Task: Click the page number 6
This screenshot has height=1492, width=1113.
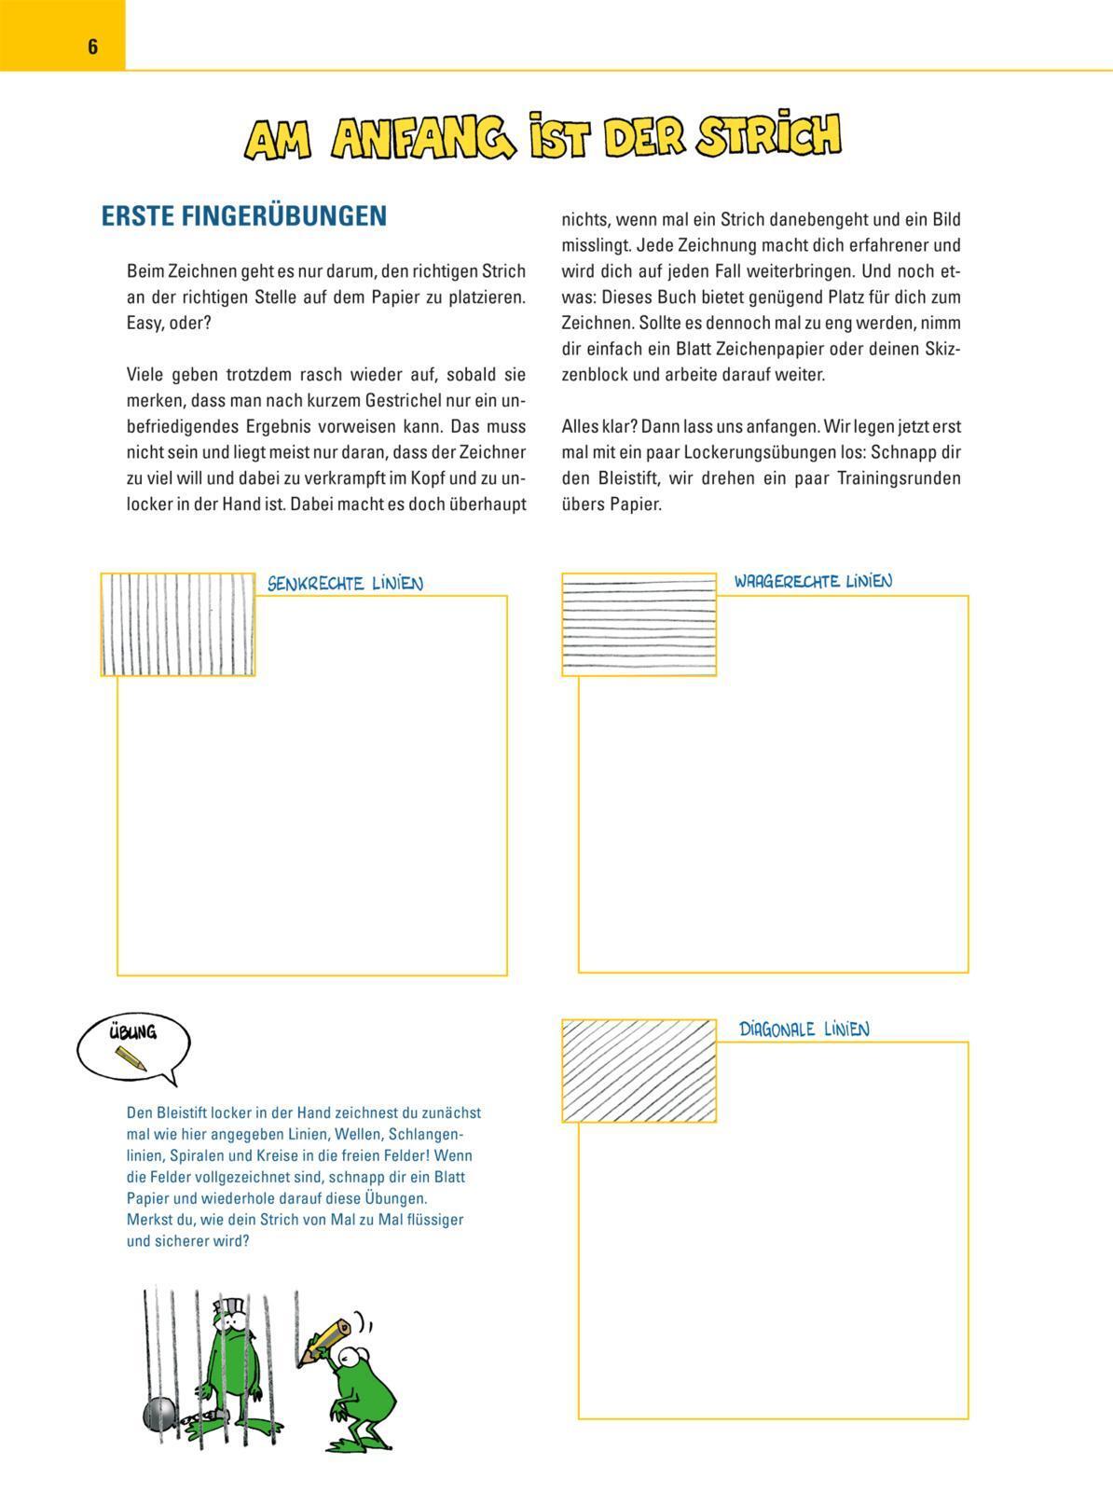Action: pos(92,47)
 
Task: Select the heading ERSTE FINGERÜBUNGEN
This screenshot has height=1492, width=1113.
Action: pos(243,216)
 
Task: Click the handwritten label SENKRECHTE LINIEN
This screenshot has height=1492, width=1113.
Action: pos(345,584)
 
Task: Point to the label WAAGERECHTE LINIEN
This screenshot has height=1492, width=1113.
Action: pos(813,581)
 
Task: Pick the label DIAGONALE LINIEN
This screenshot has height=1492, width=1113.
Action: pos(804,1029)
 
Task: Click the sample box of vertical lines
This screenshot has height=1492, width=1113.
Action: pos(177,624)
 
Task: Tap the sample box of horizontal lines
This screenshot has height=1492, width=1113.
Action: pos(639,624)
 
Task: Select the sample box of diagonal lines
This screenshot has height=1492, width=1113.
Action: pos(639,1071)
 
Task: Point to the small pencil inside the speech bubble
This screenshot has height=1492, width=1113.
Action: pos(131,1057)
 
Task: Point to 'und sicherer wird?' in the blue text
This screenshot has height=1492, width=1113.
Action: pos(187,1241)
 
